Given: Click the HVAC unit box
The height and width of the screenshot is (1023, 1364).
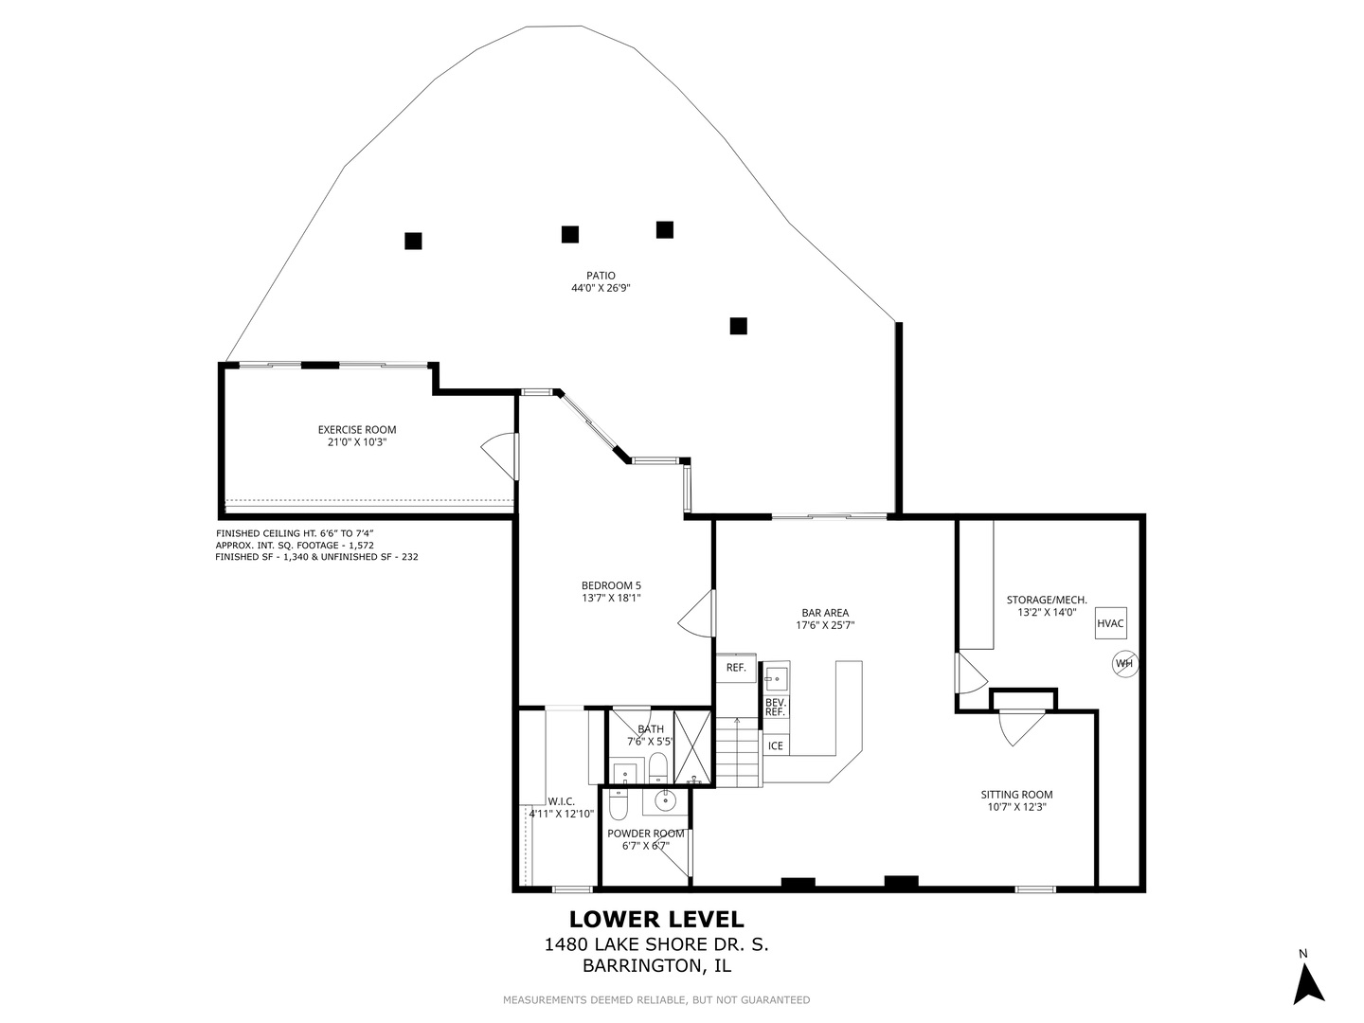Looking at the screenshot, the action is [x=1110, y=623].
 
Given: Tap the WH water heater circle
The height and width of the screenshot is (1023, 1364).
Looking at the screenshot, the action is [x=1124, y=663].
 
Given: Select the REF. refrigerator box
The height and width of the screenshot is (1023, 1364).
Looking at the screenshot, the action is [x=736, y=668].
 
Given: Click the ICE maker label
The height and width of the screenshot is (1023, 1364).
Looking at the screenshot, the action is [x=776, y=745].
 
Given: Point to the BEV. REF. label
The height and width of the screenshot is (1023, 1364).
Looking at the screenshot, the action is [x=776, y=707].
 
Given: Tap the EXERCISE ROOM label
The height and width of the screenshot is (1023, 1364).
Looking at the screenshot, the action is [x=357, y=429].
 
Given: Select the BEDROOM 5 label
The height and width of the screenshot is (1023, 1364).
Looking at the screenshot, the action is [x=611, y=585].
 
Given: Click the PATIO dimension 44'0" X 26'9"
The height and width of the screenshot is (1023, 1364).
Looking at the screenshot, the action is [x=601, y=288].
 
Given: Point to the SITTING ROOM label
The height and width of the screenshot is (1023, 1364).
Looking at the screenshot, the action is [x=1016, y=794].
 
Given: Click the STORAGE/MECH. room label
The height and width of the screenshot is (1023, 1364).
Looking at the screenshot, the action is [x=1047, y=600].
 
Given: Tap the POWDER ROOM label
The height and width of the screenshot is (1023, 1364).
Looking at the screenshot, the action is [x=646, y=834].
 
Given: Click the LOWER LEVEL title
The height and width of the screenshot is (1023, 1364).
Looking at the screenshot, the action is [x=656, y=919].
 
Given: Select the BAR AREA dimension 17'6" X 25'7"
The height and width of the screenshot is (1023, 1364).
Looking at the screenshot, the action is [x=825, y=625].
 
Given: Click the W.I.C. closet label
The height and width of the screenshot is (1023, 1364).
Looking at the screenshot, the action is [x=561, y=801].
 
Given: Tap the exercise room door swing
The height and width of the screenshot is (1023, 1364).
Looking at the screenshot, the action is [x=499, y=457].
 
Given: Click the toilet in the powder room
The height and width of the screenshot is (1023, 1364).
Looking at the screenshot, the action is [x=619, y=805].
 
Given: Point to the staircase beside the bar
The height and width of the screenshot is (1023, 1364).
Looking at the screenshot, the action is [x=739, y=752].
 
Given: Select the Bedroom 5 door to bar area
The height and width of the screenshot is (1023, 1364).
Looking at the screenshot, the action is [x=696, y=613].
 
